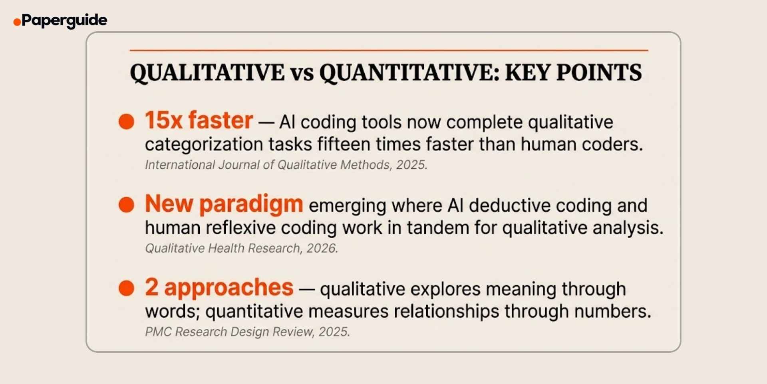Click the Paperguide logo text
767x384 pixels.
click(64, 20)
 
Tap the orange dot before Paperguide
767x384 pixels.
click(17, 22)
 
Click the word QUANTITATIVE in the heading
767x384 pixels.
click(409, 73)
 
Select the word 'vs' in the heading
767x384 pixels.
click(302, 74)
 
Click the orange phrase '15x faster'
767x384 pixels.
click(199, 120)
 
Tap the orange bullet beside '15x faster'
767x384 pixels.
click(126, 122)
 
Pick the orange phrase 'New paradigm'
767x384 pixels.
click(224, 204)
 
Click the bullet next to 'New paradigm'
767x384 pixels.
click(126, 205)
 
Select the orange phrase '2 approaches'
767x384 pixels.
click(219, 288)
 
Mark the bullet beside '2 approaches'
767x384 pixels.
click(126, 288)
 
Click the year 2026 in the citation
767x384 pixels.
click(322, 248)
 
